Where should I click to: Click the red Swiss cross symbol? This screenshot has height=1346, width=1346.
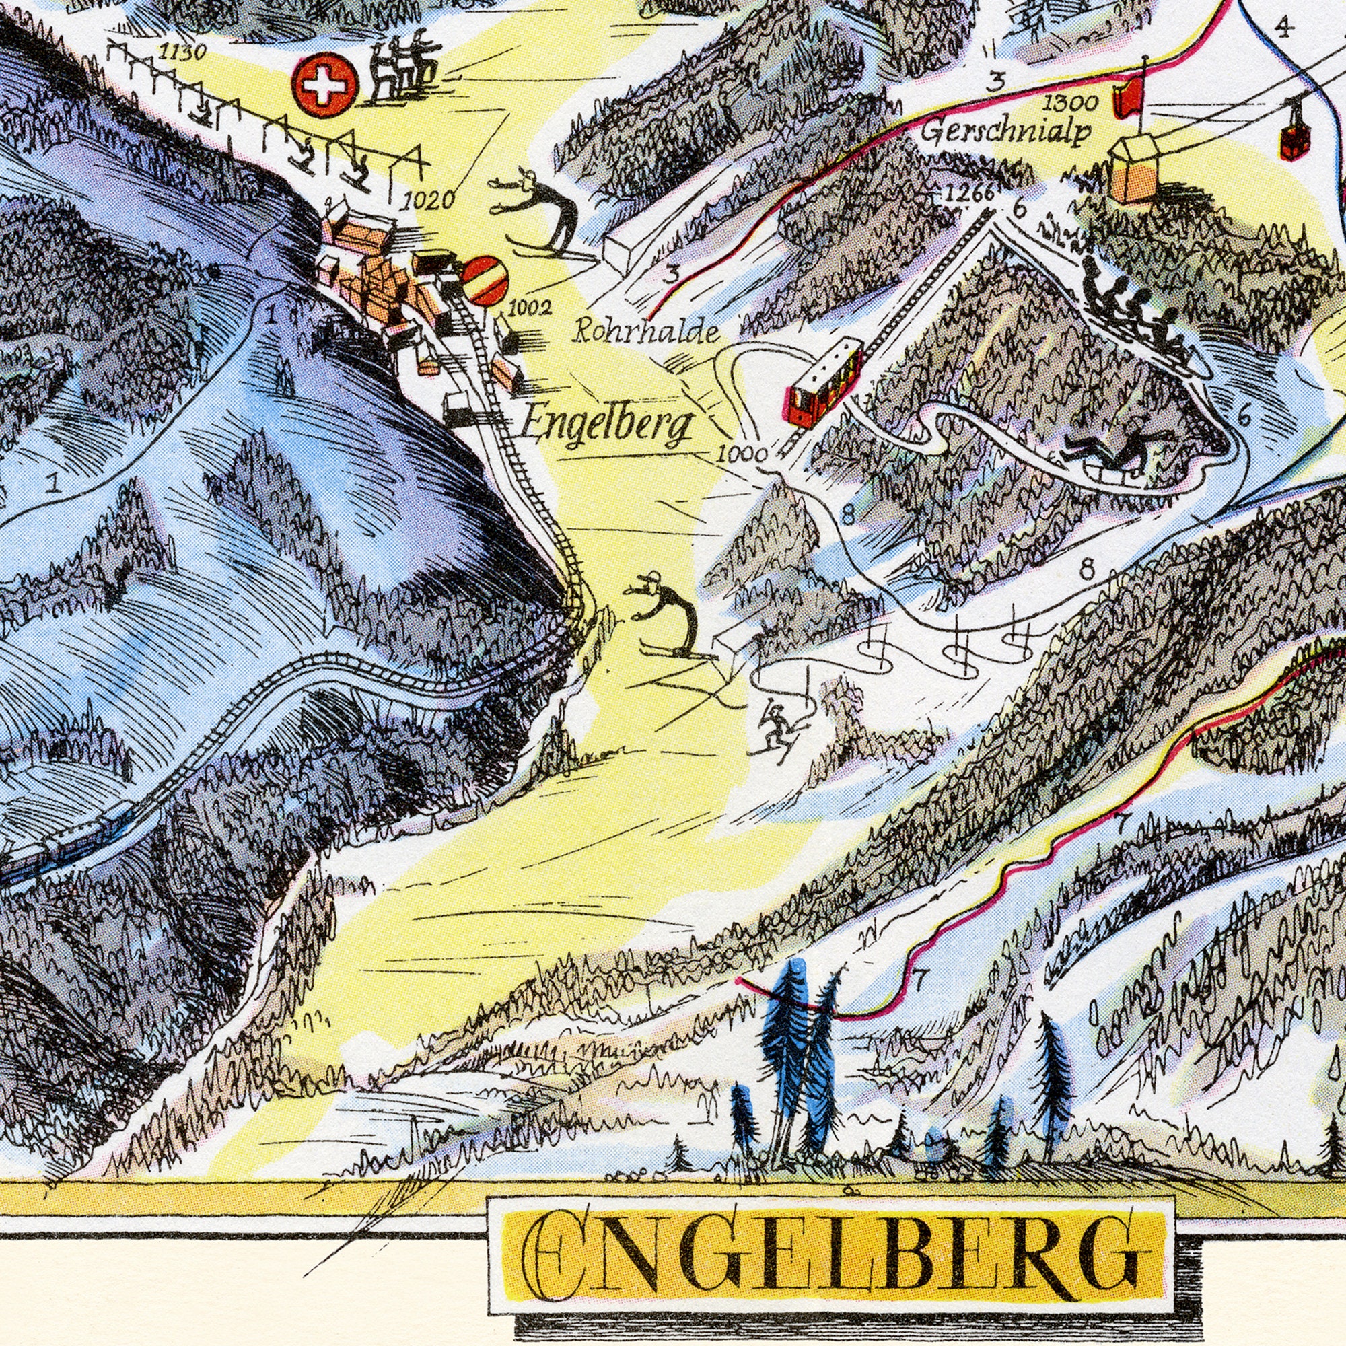[x=325, y=85]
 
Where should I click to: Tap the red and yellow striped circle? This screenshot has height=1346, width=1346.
[x=486, y=280]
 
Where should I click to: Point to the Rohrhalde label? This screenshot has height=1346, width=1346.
[x=646, y=333]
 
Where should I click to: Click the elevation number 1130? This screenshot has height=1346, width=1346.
[x=182, y=52]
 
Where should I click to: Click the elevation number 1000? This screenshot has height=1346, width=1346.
[x=741, y=456]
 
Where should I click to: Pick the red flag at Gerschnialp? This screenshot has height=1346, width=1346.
[x=1128, y=98]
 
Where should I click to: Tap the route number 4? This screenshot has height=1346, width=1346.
[x=1285, y=28]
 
